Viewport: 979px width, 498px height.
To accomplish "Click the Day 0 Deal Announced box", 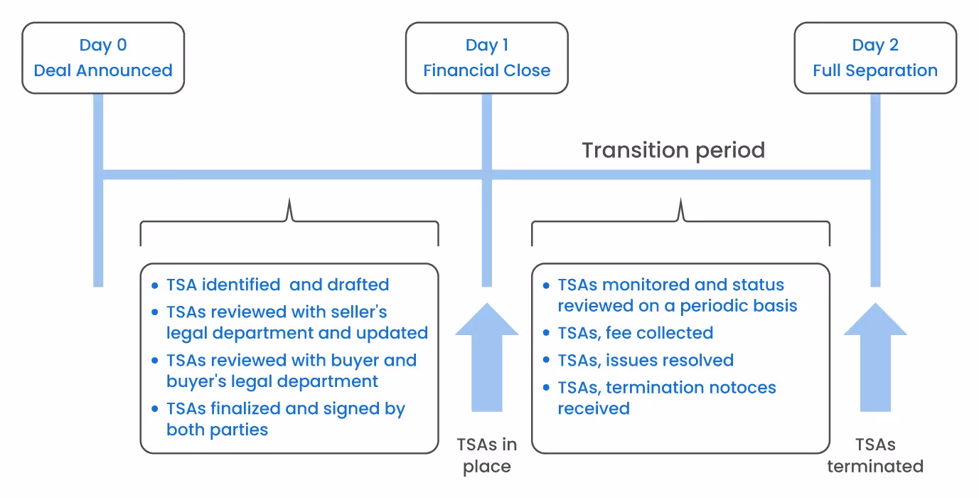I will (x=103, y=58).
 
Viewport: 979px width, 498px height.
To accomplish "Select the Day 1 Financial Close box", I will (x=486, y=58).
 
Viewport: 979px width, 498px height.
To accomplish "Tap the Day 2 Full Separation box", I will (x=874, y=58).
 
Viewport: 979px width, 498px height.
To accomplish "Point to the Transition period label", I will (x=673, y=150).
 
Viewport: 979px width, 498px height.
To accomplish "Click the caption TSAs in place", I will (x=486, y=455).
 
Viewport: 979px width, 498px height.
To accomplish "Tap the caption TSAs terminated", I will (x=874, y=455).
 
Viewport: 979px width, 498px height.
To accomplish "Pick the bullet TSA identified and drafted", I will (x=277, y=285).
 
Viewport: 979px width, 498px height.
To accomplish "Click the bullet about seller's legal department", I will (x=296, y=322).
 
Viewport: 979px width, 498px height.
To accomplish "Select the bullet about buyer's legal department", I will (x=291, y=371).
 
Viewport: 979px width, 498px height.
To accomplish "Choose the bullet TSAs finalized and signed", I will (x=285, y=419).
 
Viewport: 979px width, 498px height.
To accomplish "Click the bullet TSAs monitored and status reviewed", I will (x=676, y=295).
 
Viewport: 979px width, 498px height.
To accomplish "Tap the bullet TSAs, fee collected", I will (x=635, y=333).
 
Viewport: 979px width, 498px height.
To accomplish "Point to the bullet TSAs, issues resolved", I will (x=645, y=360).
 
